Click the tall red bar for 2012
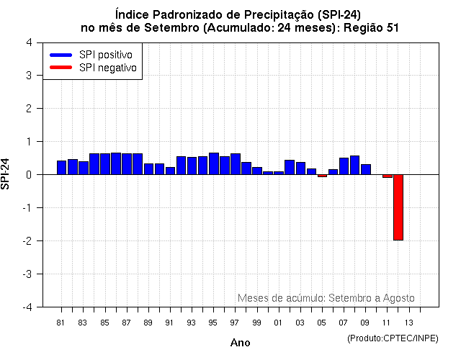398,207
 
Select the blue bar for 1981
62,168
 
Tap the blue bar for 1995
214,163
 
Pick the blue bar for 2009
365,169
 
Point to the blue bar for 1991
171,171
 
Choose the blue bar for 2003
300,168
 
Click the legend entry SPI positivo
110,55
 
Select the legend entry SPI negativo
112,68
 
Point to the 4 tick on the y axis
28,42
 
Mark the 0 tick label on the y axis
28,174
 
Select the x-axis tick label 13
408,322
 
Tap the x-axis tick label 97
235,322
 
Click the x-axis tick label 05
321,322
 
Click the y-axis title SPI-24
6,174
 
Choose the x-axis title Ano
240,343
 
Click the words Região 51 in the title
370,27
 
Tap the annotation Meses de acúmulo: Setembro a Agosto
326,297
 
